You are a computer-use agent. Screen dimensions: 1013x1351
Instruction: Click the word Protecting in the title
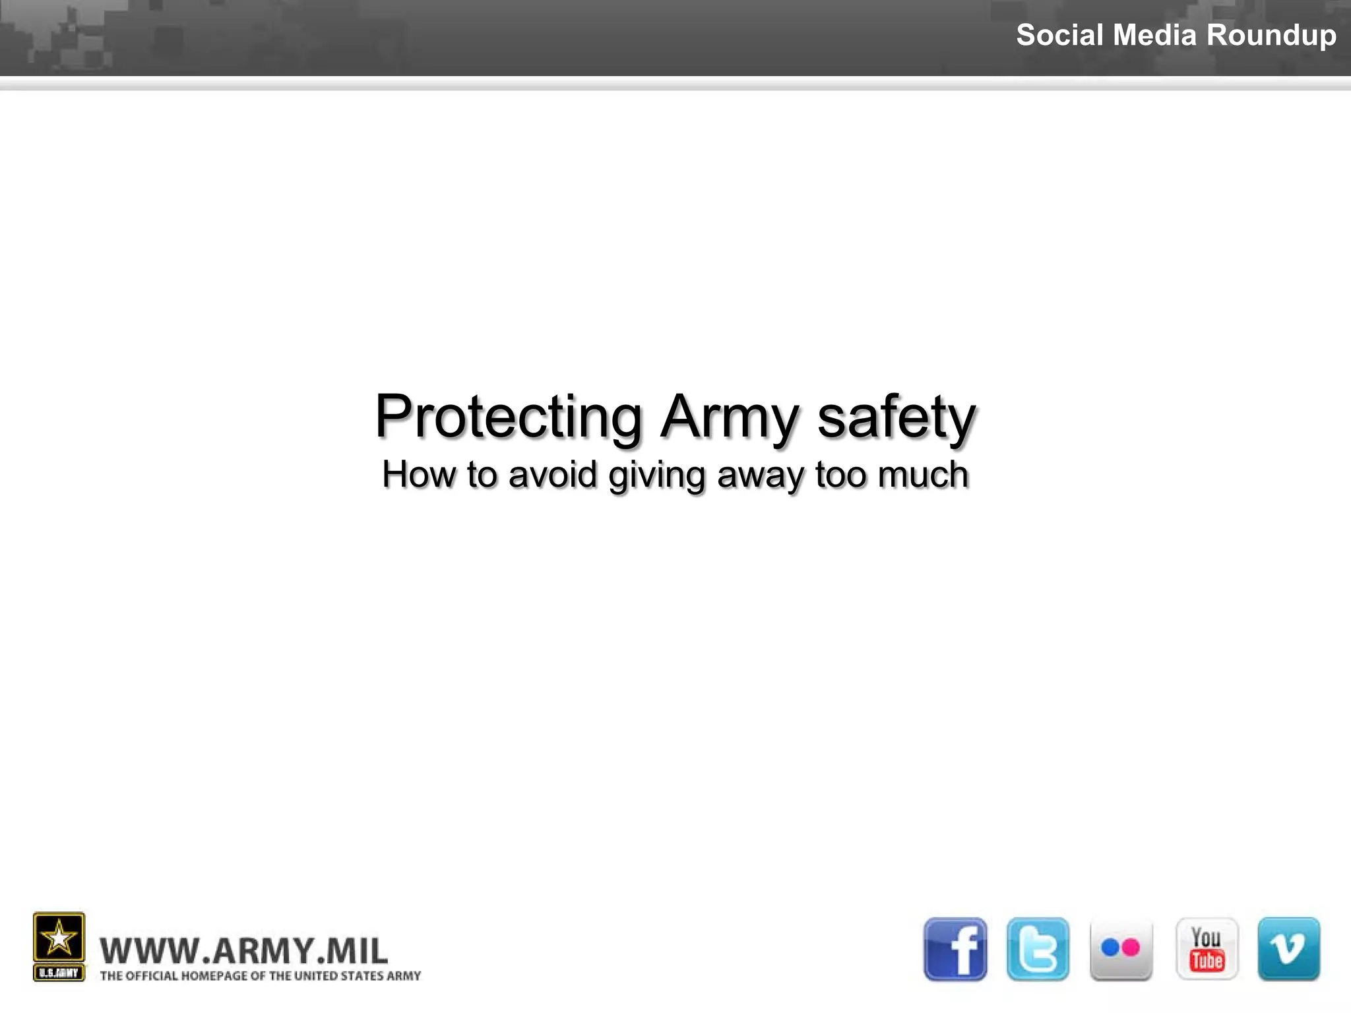[509, 417]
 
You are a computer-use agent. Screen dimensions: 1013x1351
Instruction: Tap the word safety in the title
[896, 417]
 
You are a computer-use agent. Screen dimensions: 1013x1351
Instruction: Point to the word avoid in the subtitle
[553, 475]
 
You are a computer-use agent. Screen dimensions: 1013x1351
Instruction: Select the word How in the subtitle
[419, 475]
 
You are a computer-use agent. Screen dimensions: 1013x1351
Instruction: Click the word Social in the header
[1059, 35]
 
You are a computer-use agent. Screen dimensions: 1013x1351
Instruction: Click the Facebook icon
[955, 949]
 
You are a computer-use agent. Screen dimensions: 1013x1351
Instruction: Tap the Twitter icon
[1038, 949]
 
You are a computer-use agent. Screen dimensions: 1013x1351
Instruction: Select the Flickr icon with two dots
[1121, 949]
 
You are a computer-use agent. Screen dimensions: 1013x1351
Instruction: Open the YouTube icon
[1207, 949]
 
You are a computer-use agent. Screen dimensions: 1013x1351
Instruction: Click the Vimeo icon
[1289, 949]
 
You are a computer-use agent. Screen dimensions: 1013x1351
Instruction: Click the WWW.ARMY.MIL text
[243, 951]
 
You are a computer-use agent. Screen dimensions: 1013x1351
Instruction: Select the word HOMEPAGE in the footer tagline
[214, 976]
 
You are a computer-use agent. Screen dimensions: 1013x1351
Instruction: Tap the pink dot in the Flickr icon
[1130, 948]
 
